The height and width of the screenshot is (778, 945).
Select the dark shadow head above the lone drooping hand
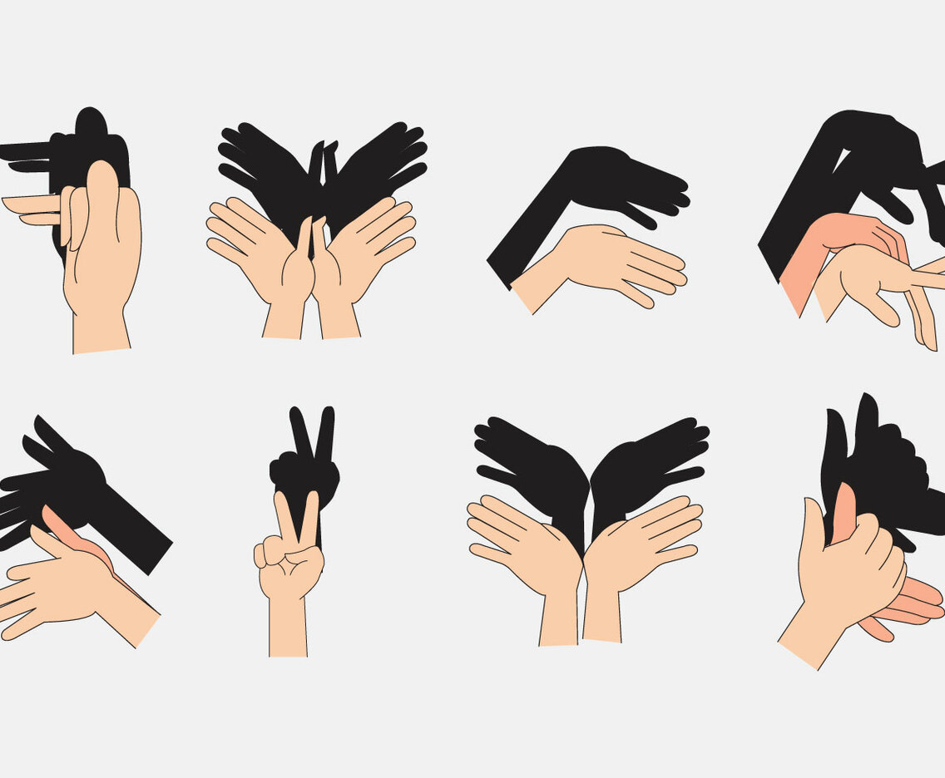click(x=616, y=179)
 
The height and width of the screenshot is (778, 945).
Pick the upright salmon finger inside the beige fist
click(x=844, y=511)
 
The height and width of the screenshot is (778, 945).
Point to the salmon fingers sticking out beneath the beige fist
click(x=911, y=603)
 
